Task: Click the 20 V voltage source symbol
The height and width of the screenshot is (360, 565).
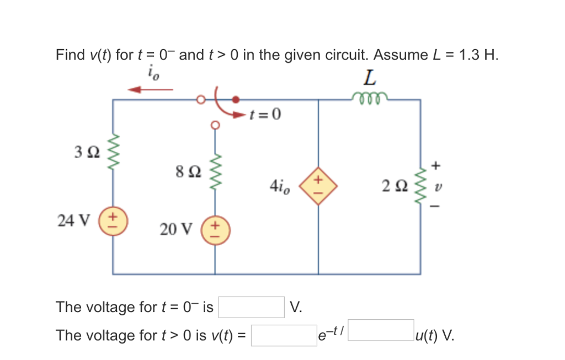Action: pyautogui.click(x=215, y=228)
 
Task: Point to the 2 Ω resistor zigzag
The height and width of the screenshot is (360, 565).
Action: pyautogui.click(x=421, y=182)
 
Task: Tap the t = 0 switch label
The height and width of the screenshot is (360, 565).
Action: pyautogui.click(x=265, y=115)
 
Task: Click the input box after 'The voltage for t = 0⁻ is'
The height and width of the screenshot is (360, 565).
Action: pyautogui.click(x=251, y=307)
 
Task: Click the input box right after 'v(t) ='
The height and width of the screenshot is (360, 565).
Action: pyautogui.click(x=284, y=335)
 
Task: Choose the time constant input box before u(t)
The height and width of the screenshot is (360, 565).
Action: pyautogui.click(x=381, y=330)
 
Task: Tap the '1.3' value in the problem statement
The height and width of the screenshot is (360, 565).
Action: pyautogui.click(x=462, y=55)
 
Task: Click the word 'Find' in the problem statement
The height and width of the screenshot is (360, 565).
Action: pyautogui.click(x=70, y=55)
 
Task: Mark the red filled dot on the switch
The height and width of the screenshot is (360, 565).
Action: pyautogui.click(x=236, y=100)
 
